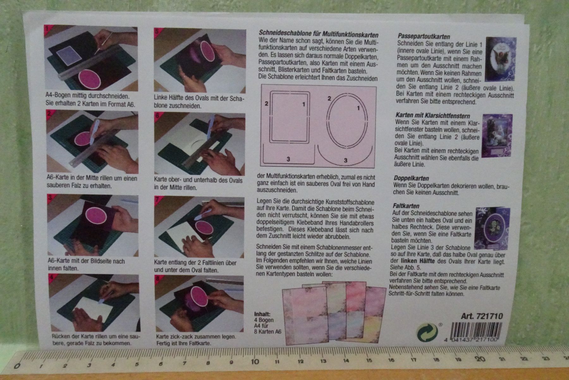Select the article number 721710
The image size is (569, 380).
click(491, 316)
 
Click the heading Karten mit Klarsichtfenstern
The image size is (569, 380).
click(433, 116)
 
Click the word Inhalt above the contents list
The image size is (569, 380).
click(262, 314)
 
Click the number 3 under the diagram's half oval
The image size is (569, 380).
click(346, 161)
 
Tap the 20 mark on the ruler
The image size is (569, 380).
click(480, 359)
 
